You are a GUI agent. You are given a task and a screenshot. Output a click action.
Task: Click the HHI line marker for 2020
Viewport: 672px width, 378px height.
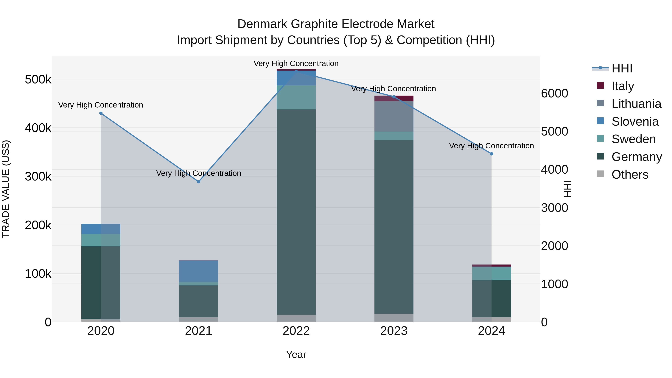(101, 113)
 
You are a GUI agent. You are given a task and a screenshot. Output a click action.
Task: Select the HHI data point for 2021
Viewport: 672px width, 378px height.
(199, 182)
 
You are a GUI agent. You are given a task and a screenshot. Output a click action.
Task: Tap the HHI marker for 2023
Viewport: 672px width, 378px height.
(394, 97)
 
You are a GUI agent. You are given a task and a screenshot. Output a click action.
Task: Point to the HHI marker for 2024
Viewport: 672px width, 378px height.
(491, 154)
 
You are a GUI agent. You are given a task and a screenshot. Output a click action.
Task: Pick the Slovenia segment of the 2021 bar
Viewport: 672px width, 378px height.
(199, 271)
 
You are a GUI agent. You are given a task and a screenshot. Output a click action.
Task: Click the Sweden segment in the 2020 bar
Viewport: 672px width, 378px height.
(101, 240)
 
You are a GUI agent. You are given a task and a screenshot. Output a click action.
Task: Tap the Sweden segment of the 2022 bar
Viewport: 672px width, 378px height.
(296, 97)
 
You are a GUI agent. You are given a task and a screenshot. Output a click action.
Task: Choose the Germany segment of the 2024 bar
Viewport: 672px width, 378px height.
(491, 298)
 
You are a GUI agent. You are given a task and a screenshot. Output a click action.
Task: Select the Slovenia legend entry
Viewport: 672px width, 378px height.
(635, 122)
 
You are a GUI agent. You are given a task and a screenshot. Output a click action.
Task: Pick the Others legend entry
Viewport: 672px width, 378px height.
(630, 175)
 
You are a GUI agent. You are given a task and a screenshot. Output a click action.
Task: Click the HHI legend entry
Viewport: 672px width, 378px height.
(622, 68)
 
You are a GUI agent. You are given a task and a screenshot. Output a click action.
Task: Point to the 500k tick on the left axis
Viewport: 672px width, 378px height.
(38, 79)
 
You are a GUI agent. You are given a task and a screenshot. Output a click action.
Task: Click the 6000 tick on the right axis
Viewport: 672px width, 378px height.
(555, 93)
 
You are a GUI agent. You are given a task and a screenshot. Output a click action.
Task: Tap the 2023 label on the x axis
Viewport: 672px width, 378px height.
(394, 331)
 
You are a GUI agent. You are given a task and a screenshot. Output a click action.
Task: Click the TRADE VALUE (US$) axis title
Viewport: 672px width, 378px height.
(6, 189)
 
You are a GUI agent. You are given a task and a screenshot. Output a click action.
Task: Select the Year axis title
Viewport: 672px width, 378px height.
(296, 354)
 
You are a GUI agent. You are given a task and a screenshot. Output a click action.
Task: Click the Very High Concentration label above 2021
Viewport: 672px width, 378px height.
(199, 173)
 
